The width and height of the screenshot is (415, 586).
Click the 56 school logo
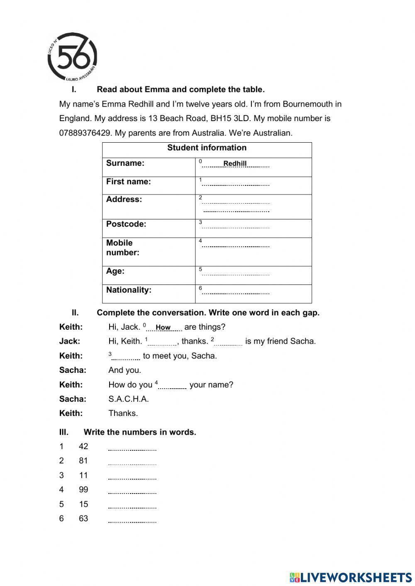(x=73, y=57)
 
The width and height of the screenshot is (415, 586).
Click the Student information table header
(x=207, y=148)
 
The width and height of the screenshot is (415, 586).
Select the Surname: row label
(x=125, y=163)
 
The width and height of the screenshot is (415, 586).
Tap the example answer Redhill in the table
(x=235, y=164)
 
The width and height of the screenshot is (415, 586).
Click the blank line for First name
(x=236, y=184)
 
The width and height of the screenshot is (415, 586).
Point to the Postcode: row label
(x=126, y=224)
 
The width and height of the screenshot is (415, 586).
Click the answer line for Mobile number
(x=236, y=246)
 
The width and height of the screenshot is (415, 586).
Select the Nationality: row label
(x=129, y=290)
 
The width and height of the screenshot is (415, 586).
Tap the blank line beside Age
(x=236, y=274)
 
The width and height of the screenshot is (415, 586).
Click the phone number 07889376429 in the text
(x=85, y=133)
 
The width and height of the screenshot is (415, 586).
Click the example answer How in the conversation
(x=163, y=328)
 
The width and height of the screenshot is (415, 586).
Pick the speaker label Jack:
(x=70, y=341)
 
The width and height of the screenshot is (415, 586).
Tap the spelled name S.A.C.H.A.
(x=129, y=399)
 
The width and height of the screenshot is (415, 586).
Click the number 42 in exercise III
(x=83, y=447)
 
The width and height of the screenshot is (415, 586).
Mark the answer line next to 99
(x=132, y=492)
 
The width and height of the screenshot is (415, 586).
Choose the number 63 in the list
(x=83, y=518)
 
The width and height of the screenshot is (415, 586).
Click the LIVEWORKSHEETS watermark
(x=351, y=577)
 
